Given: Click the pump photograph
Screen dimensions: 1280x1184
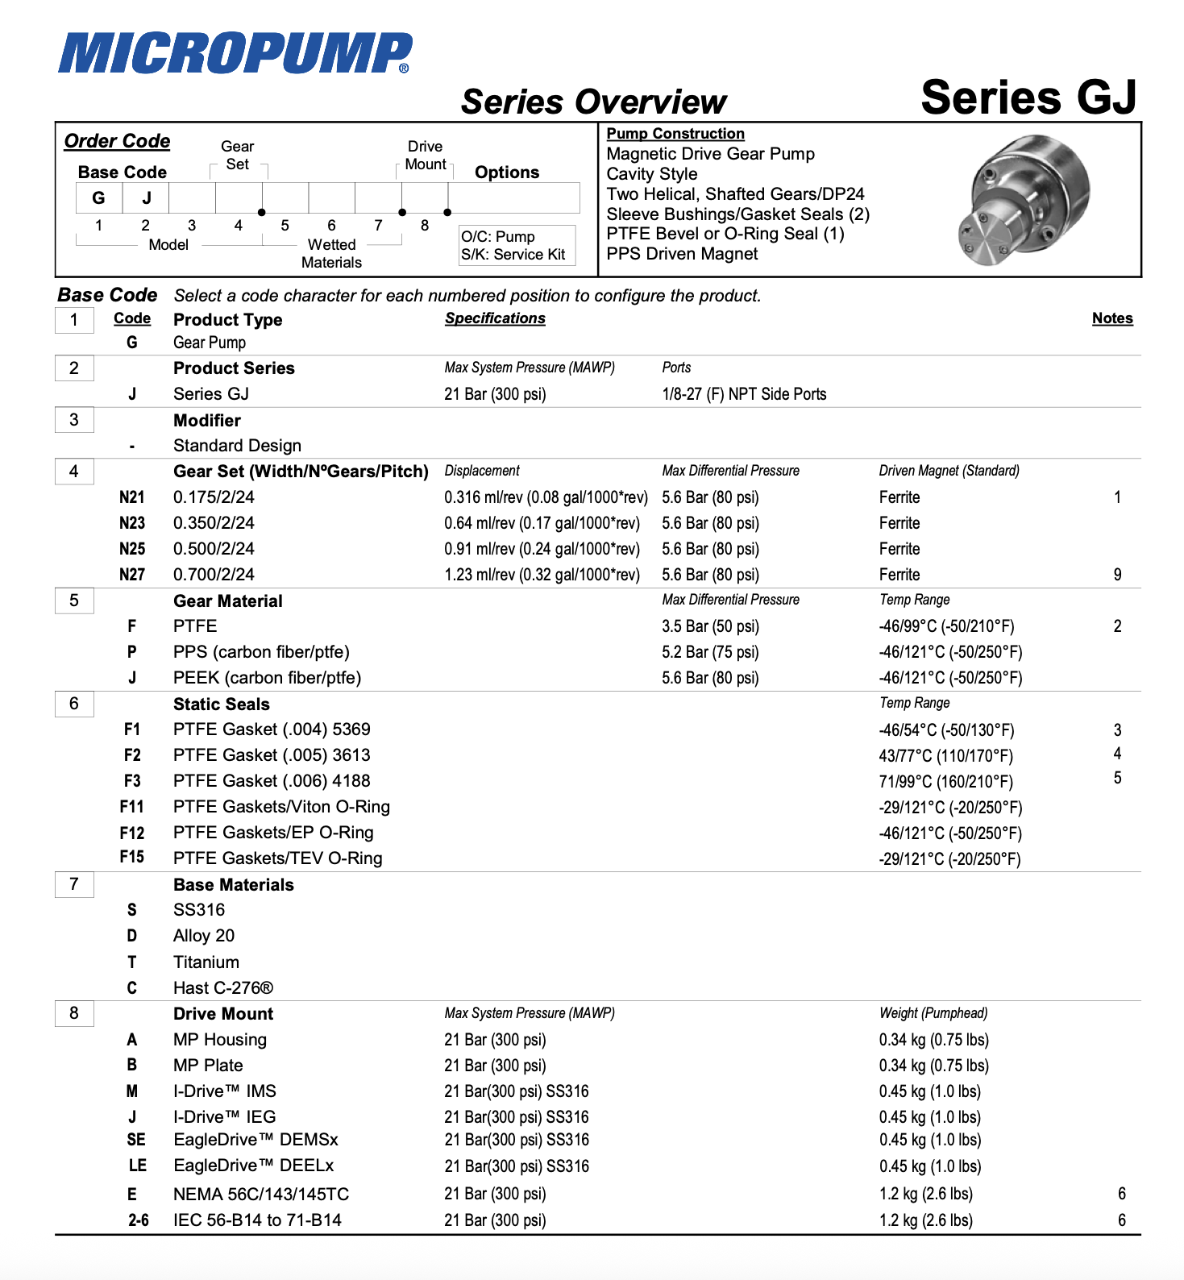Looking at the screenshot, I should click(1024, 201).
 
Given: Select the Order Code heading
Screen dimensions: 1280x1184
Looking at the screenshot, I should click(117, 141).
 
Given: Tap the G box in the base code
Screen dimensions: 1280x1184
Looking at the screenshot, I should click(99, 197).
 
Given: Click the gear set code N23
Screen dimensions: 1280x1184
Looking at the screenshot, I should click(132, 523).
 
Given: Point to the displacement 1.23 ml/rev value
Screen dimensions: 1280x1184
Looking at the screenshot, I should click(542, 575).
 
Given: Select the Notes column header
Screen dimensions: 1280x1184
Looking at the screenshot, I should click(1112, 318).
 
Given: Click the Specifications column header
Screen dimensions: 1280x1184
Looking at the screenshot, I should click(495, 318).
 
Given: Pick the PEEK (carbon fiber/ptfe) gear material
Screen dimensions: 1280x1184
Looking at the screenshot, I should click(267, 678).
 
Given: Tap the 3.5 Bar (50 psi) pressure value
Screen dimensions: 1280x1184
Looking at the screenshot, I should click(710, 626).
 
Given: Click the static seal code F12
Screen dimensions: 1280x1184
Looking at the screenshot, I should click(132, 833).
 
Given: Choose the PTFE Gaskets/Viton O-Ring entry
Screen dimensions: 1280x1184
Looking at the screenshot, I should click(281, 807).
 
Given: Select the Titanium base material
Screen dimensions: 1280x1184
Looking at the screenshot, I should click(206, 962).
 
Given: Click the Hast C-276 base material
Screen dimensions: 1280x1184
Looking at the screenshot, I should click(223, 988).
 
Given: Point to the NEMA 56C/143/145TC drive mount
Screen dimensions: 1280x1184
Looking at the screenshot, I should click(261, 1195).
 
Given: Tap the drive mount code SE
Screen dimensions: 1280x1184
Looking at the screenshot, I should click(136, 1140).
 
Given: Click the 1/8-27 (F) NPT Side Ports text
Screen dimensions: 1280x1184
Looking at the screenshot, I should click(744, 394).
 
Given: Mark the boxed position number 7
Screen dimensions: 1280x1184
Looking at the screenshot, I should click(74, 884).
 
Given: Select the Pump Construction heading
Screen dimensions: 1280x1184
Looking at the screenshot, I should click(675, 134).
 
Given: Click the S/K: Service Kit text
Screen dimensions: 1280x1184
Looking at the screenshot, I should click(513, 255).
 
